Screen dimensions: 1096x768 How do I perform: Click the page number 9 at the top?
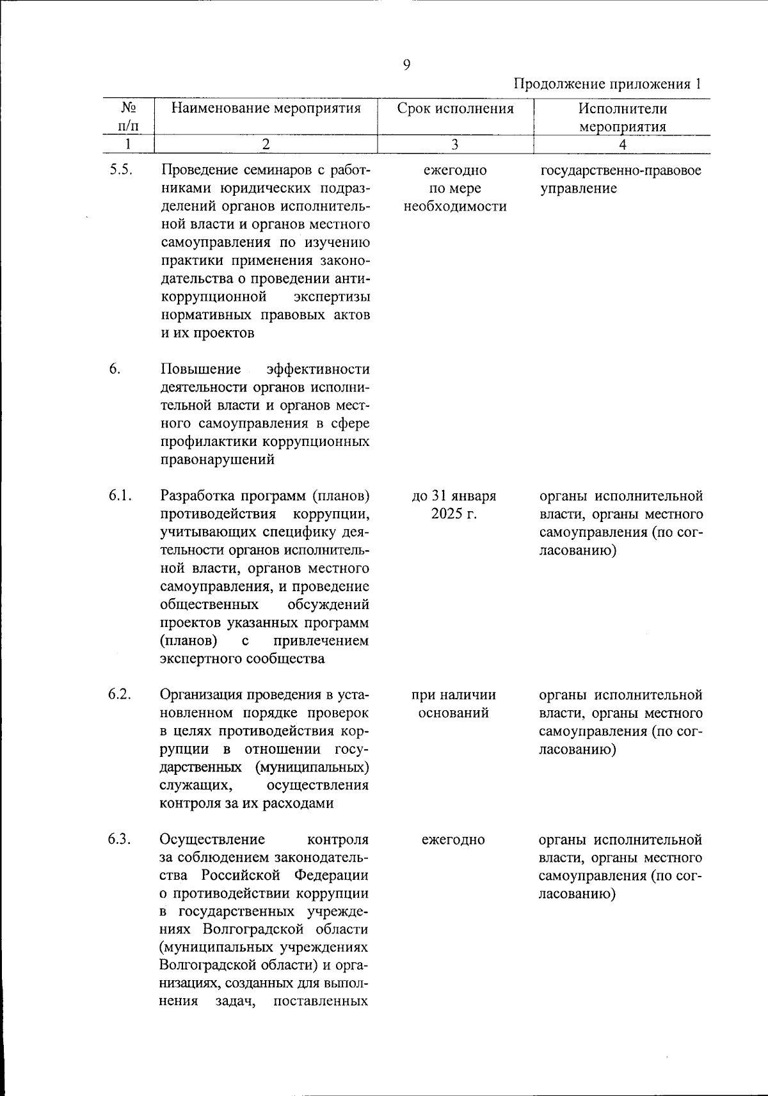[x=407, y=65]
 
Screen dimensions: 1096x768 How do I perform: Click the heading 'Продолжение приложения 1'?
[x=608, y=84]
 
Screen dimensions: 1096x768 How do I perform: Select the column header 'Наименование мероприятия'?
[x=266, y=108]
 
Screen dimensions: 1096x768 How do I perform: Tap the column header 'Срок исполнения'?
[x=455, y=108]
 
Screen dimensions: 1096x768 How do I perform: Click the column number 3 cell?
[x=455, y=145]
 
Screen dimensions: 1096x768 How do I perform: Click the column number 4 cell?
[x=622, y=145]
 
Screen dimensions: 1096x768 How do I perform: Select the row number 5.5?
[x=121, y=171]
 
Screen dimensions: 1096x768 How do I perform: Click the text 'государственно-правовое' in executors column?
[x=621, y=171]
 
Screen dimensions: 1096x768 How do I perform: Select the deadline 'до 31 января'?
[x=454, y=496]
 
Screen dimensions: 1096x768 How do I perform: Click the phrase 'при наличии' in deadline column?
[x=454, y=695]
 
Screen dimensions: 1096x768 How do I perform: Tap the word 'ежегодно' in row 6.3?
[x=453, y=839]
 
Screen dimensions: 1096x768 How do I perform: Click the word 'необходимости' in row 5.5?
[x=454, y=207]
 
